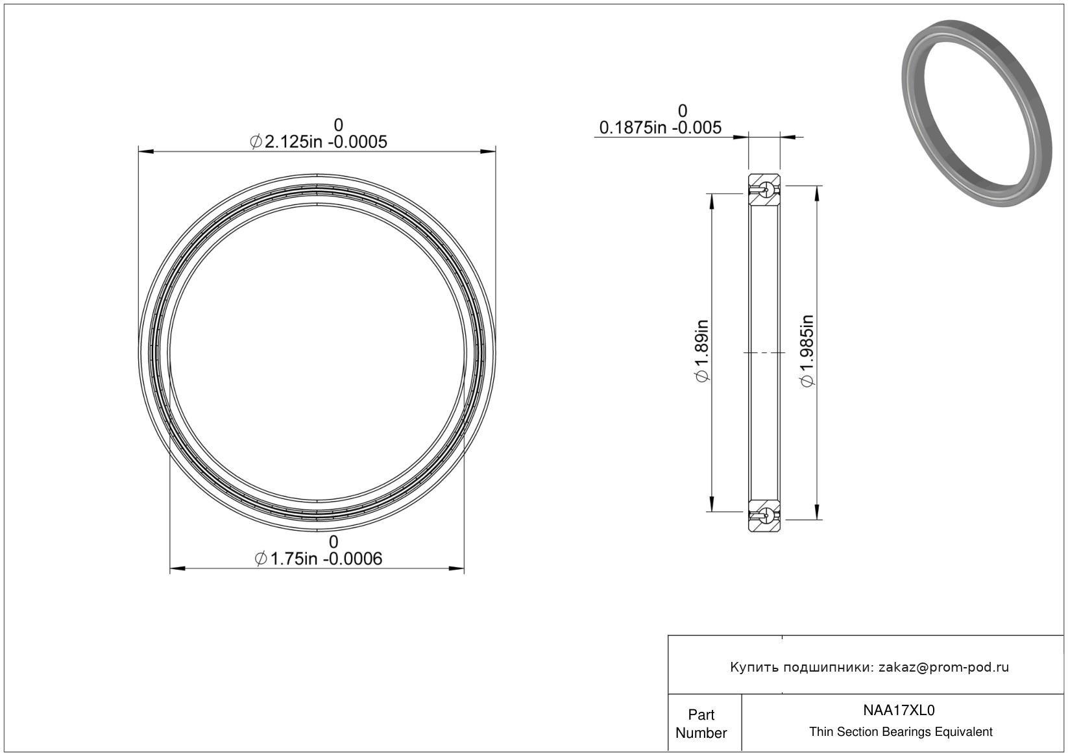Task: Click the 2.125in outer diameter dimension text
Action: pyautogui.click(x=318, y=141)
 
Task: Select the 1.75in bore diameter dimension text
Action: pyautogui.click(x=318, y=559)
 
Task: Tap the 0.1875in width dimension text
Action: pyautogui.click(x=661, y=127)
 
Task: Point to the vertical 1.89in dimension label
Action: pyautogui.click(x=702, y=351)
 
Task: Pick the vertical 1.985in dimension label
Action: pyautogui.click(x=807, y=351)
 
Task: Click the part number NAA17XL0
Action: pyautogui.click(x=899, y=711)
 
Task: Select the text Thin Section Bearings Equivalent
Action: pyautogui.click(x=901, y=732)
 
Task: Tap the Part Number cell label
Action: pyautogui.click(x=701, y=724)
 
